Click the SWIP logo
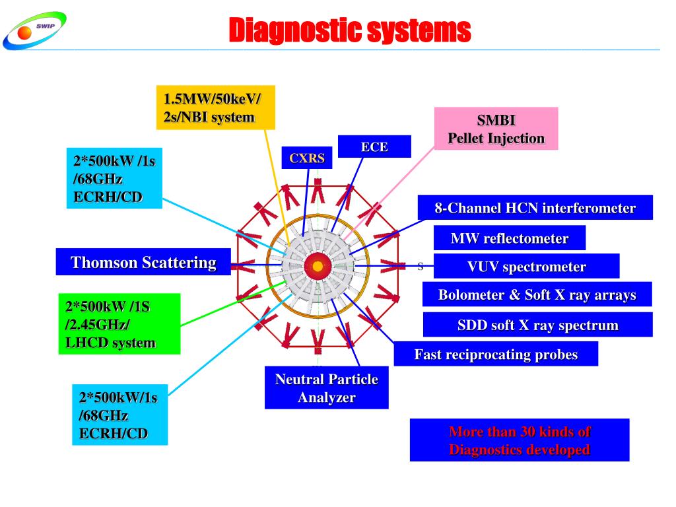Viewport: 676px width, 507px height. click(34, 30)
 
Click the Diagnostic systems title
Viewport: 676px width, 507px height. click(350, 30)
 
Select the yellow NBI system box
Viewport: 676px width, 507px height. click(216, 108)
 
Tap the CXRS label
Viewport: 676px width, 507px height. click(306, 158)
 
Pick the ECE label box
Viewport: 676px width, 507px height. click(374, 147)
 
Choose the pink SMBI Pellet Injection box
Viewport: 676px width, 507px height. click(496, 129)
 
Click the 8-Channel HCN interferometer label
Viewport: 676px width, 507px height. click(535, 208)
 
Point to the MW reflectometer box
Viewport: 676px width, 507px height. click(510, 238)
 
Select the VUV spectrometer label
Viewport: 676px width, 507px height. click(526, 267)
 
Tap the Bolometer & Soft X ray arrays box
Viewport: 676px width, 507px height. click(537, 294)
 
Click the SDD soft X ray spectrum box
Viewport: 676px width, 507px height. click(537, 325)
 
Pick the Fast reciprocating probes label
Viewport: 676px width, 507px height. click(496, 354)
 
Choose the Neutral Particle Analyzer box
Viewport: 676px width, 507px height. click(326, 388)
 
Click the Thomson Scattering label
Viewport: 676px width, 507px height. click(143, 261)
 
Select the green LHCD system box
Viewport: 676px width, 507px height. click(119, 323)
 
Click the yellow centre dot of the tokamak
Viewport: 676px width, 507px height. click(318, 267)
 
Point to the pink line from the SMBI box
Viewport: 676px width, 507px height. click(389, 193)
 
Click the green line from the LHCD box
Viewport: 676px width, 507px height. click(234, 303)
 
